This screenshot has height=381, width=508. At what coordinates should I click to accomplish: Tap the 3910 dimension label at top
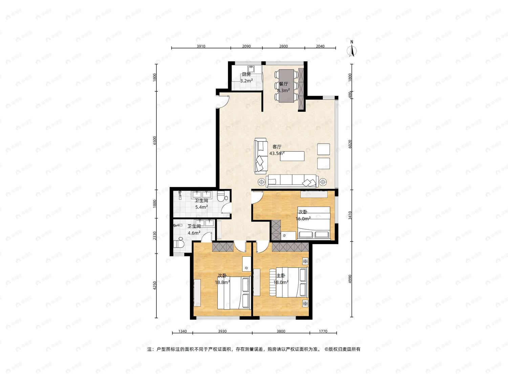201,46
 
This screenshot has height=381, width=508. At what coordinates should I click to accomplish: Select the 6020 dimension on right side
350,144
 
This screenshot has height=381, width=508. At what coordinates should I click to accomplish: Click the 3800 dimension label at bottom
281,331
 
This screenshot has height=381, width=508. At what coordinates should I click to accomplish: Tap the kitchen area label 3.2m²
246,81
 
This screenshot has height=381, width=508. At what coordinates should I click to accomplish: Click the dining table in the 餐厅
287,86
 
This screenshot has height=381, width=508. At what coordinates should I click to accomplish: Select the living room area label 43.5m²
277,153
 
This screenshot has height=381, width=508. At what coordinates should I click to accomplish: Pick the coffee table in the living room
292,156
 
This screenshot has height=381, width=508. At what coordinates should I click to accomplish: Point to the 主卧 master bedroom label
281,276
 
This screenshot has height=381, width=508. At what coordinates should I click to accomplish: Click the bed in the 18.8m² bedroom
234,293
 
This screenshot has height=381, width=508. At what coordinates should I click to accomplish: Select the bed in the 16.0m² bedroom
314,223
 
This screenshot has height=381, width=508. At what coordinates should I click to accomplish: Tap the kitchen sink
251,69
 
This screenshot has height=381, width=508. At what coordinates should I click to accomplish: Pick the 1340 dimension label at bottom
182,331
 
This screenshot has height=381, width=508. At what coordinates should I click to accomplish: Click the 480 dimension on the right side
350,95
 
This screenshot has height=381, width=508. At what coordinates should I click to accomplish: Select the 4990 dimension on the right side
350,279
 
